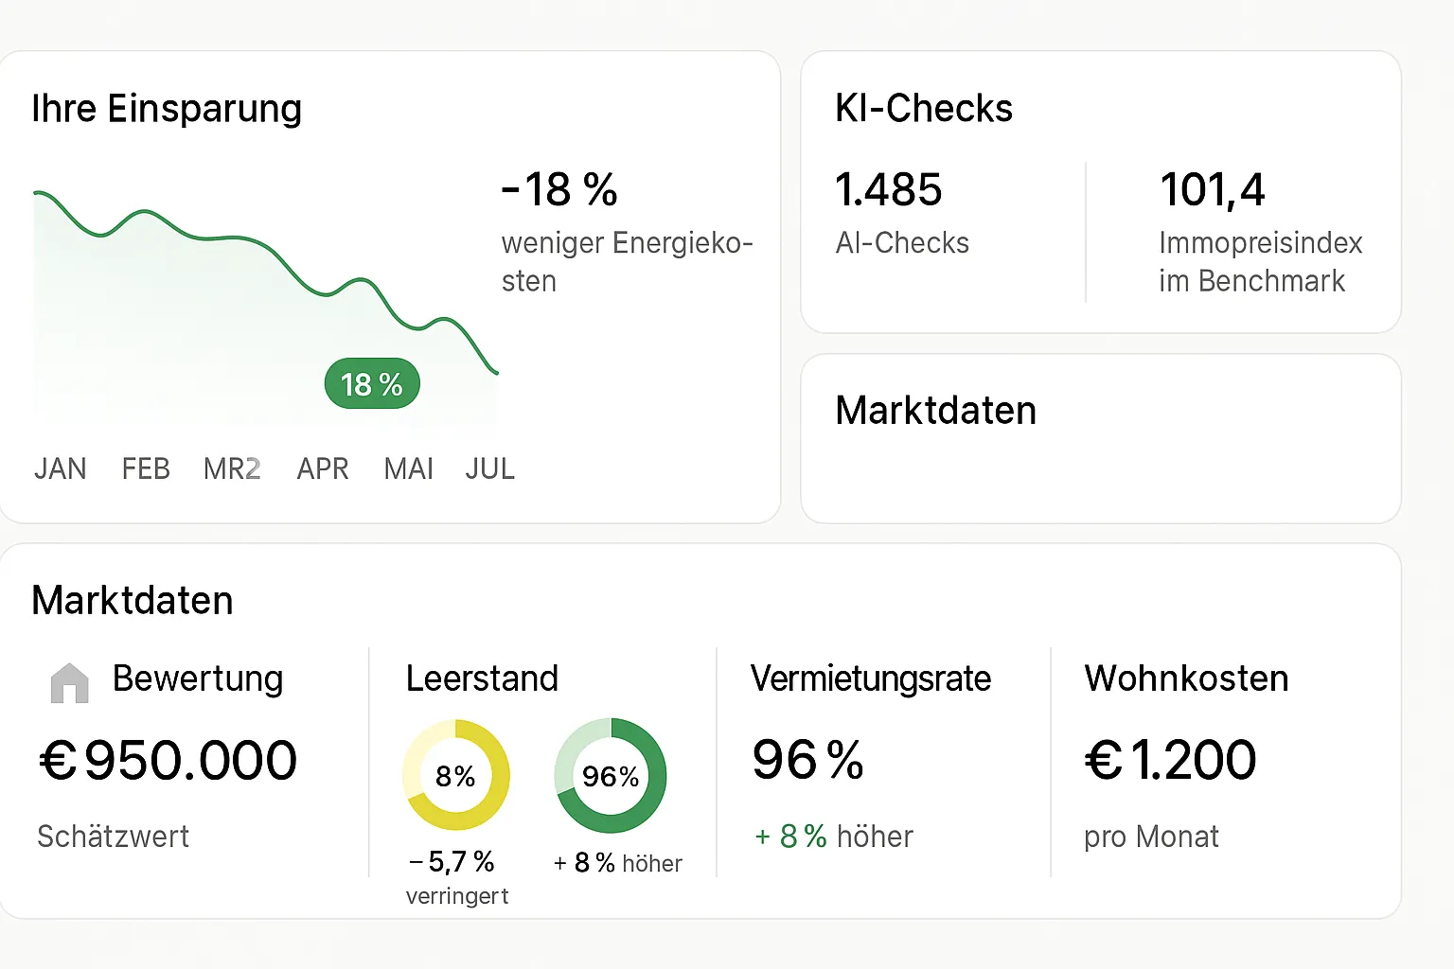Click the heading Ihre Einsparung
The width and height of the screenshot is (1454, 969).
[x=167, y=109]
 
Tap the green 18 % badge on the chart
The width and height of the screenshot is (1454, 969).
[x=372, y=384]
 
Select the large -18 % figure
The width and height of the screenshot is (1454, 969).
[x=559, y=189]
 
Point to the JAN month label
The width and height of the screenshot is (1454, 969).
[x=61, y=468]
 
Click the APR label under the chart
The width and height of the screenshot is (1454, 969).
[x=323, y=468]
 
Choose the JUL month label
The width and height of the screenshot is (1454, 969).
[x=490, y=468]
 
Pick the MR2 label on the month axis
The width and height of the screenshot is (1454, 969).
[x=232, y=468]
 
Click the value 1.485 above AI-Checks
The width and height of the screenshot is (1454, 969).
[x=889, y=189]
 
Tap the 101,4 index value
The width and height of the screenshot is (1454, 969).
[x=1213, y=189]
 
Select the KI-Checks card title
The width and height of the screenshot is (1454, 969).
[x=924, y=109]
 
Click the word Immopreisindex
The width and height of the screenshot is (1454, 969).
[x=1260, y=243]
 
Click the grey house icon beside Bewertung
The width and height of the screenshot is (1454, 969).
[x=69, y=682]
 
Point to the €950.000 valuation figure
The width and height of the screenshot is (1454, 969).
[x=168, y=760]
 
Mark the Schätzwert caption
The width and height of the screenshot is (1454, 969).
[x=113, y=837]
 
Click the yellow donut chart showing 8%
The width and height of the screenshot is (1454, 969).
[x=456, y=775]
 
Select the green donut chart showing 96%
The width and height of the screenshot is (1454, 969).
[x=611, y=775]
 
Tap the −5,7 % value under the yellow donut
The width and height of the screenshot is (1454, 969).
[x=452, y=861]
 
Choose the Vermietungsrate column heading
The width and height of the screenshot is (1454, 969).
[x=871, y=678]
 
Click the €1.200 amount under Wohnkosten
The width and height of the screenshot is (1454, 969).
[x=1171, y=760]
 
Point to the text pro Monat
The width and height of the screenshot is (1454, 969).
[x=1151, y=837]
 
